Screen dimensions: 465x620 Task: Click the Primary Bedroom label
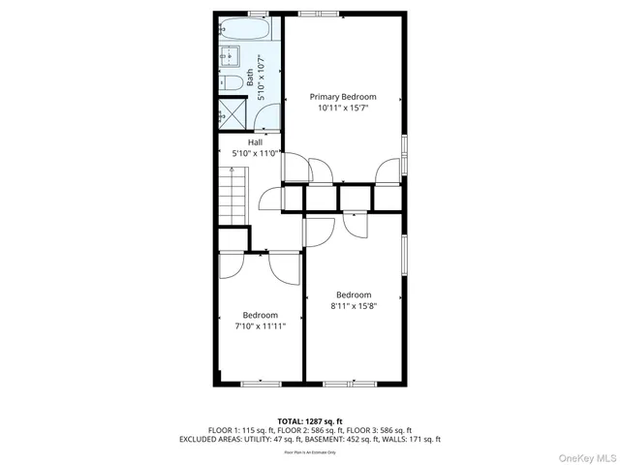343,97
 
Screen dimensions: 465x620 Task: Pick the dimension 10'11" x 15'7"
343,108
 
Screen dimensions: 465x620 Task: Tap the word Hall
255,142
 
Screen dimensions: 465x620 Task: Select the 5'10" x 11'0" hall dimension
255,153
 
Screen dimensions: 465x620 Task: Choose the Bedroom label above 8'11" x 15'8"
354,294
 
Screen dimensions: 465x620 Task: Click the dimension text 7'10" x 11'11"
261,326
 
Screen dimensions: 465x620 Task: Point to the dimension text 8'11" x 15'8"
354,306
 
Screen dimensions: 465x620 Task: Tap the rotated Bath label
250,77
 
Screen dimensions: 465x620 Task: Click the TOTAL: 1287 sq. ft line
310,421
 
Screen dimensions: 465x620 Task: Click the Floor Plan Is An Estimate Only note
310,451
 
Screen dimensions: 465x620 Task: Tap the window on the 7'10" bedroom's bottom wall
259,384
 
